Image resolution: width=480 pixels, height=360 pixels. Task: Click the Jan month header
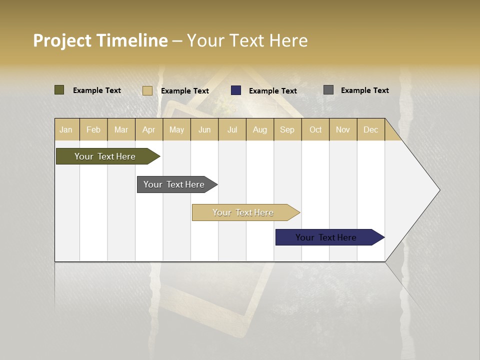66,129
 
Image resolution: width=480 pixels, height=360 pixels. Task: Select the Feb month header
93,129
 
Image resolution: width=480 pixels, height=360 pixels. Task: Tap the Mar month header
121,129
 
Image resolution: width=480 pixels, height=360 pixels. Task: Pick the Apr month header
149,129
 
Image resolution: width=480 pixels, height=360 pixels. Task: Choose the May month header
176,129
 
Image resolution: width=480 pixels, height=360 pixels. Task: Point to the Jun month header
204,129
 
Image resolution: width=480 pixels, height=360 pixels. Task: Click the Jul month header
232,129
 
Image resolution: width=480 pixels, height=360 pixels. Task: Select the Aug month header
260,129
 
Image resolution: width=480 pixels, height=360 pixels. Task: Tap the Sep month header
287,129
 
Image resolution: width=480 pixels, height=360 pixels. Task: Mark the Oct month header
315,129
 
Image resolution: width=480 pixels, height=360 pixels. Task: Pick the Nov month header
343,129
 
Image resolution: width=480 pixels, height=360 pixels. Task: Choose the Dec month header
371,129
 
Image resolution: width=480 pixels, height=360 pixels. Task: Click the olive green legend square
59,90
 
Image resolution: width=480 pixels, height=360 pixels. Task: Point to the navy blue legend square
236,90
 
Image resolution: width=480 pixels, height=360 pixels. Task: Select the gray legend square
328,90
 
